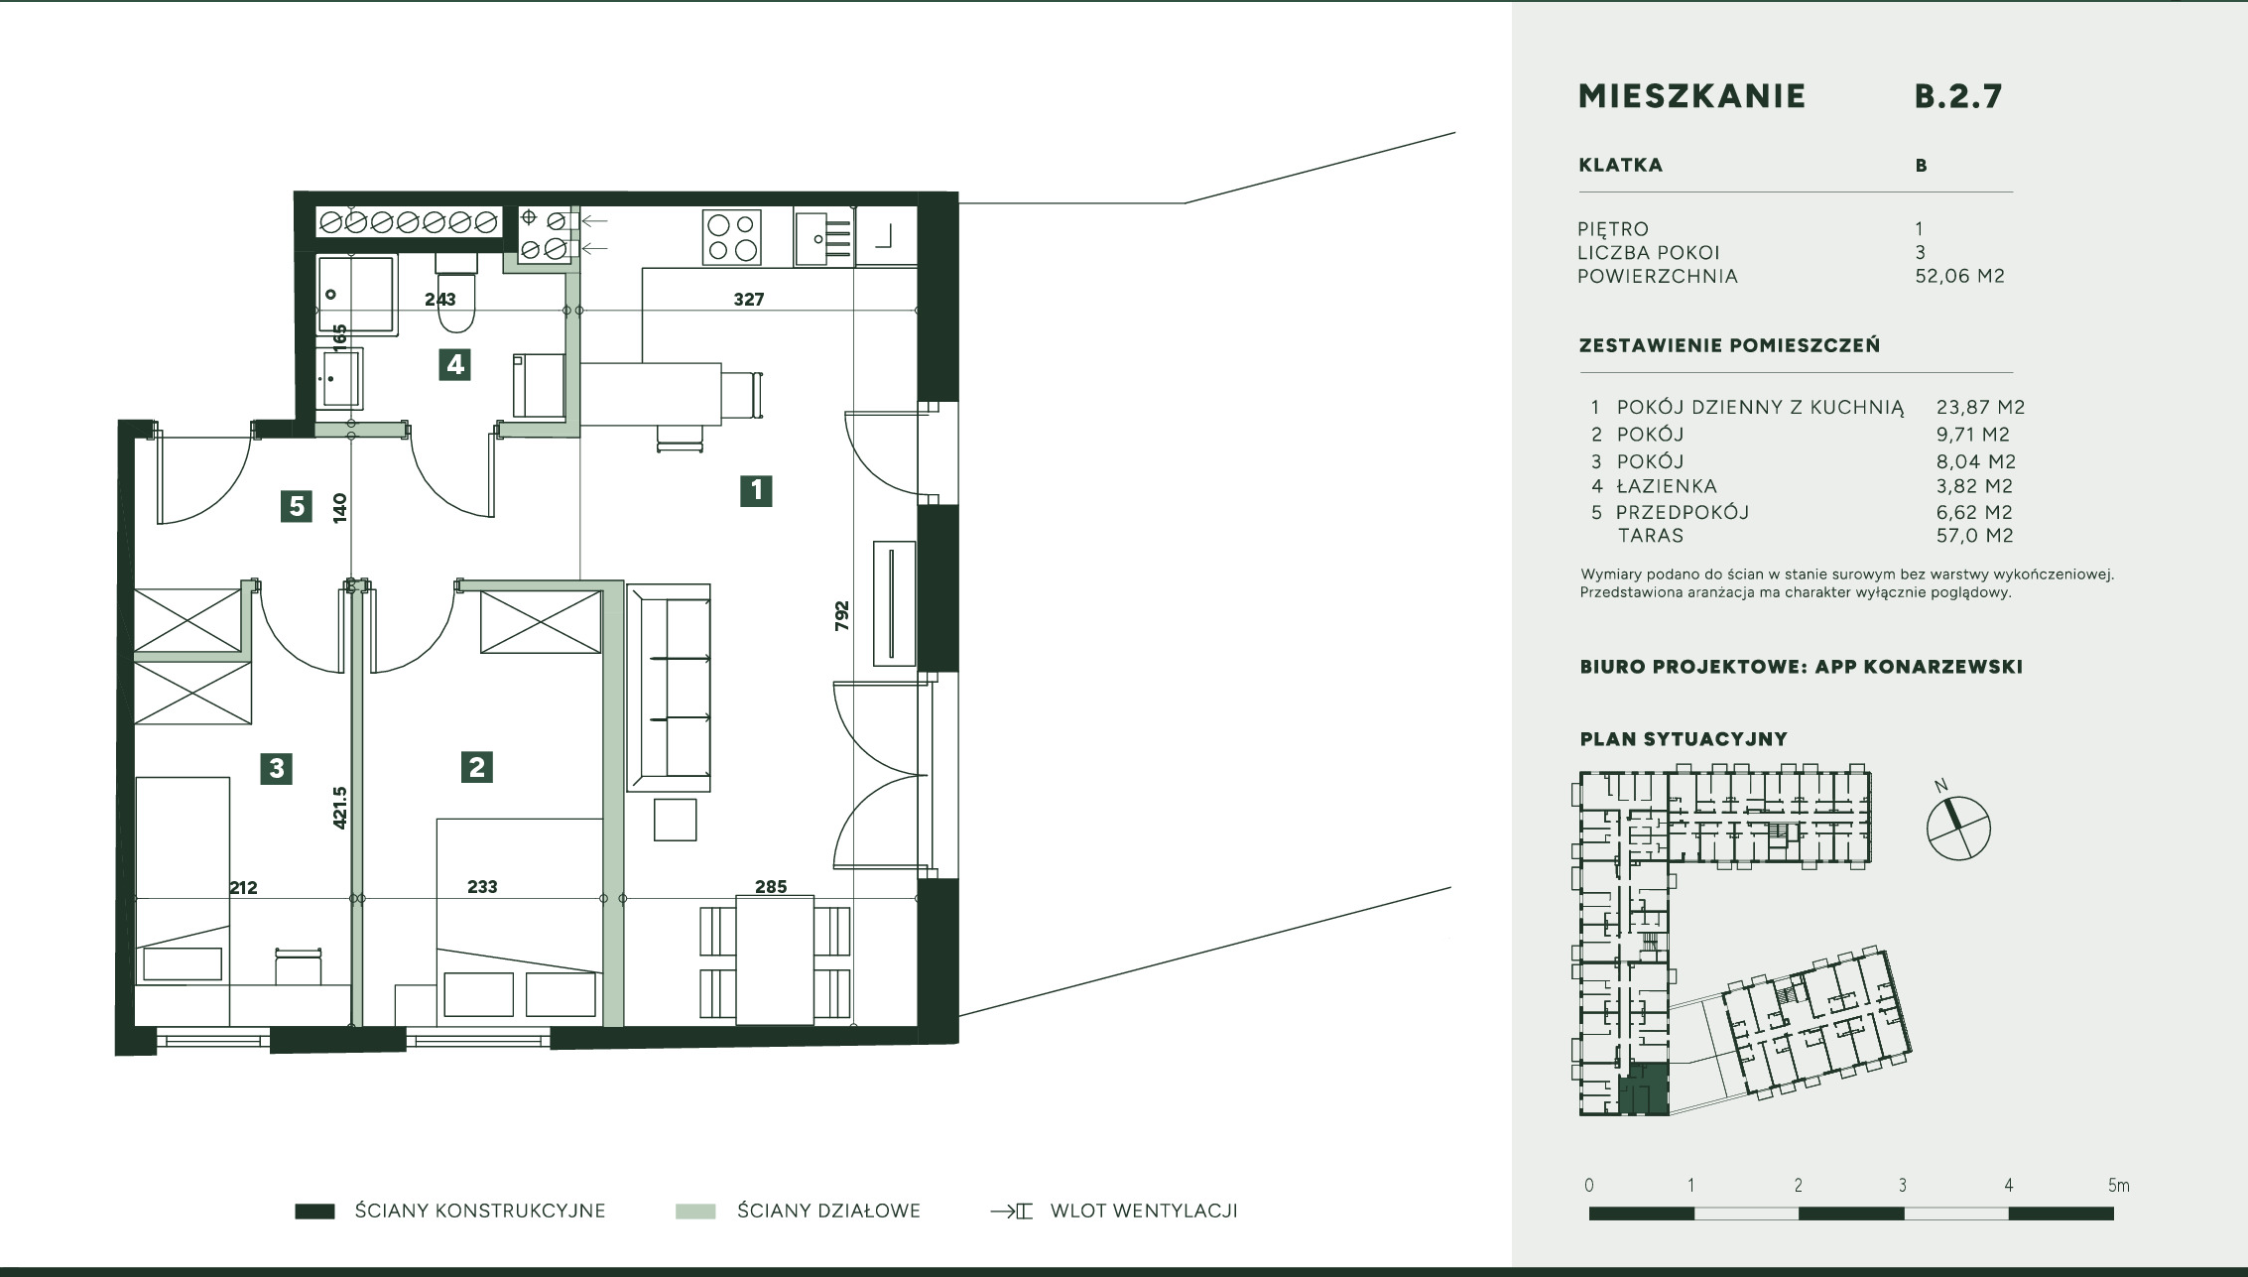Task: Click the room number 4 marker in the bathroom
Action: pyautogui.click(x=454, y=364)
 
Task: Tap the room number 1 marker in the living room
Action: pyautogui.click(x=756, y=490)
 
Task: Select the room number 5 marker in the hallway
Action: pyautogui.click(x=297, y=507)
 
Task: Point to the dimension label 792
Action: pyautogui.click(x=842, y=616)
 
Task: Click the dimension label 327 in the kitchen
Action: pyautogui.click(x=749, y=299)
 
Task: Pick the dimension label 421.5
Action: pyautogui.click(x=339, y=808)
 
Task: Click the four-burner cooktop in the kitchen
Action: pyautogui.click(x=732, y=237)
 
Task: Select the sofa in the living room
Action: pyautogui.click(x=669, y=688)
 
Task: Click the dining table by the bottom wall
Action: pyautogui.click(x=775, y=958)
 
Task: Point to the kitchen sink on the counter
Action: pyautogui.click(x=823, y=238)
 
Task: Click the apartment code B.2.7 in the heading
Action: pyautogui.click(x=1958, y=96)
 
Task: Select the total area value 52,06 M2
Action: pyautogui.click(x=1960, y=276)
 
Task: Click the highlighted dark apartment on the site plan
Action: pyautogui.click(x=1643, y=1088)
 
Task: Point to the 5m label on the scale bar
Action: pyautogui.click(x=2118, y=1185)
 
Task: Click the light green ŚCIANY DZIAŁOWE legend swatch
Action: pyautogui.click(x=695, y=1212)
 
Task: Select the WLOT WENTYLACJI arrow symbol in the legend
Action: pyautogui.click(x=1012, y=1212)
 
